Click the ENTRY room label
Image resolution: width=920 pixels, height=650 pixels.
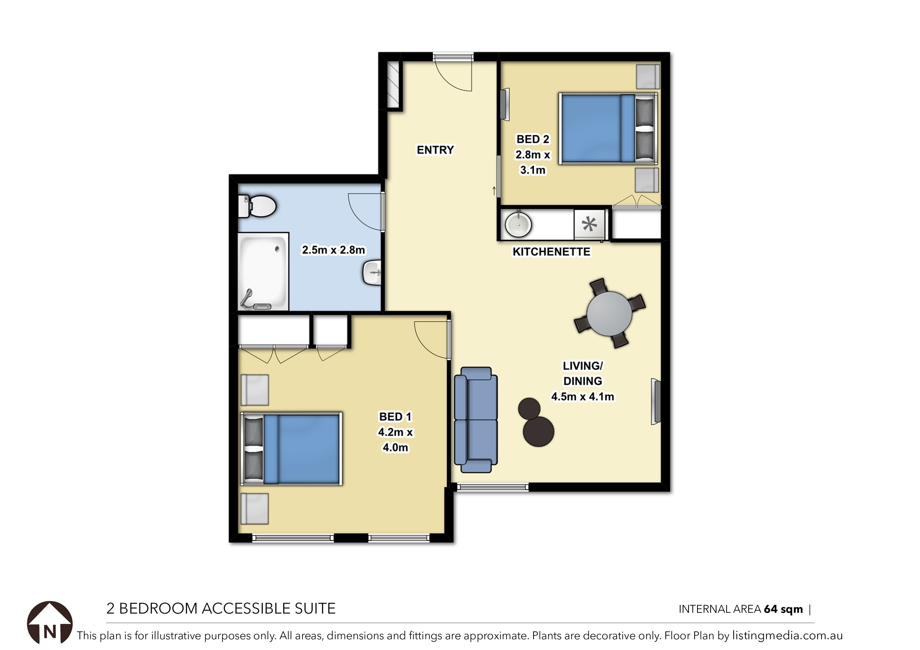coord(435,150)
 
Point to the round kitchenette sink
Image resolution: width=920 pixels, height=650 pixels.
coord(518,225)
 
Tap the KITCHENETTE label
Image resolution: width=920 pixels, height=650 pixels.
coord(551,252)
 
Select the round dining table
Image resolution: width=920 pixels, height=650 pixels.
coord(609,313)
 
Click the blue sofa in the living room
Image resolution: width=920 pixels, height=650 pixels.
coord(476,420)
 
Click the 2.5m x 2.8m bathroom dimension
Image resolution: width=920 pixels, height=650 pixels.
coord(333,250)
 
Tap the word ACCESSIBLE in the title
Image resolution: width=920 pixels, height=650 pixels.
coord(247,608)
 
